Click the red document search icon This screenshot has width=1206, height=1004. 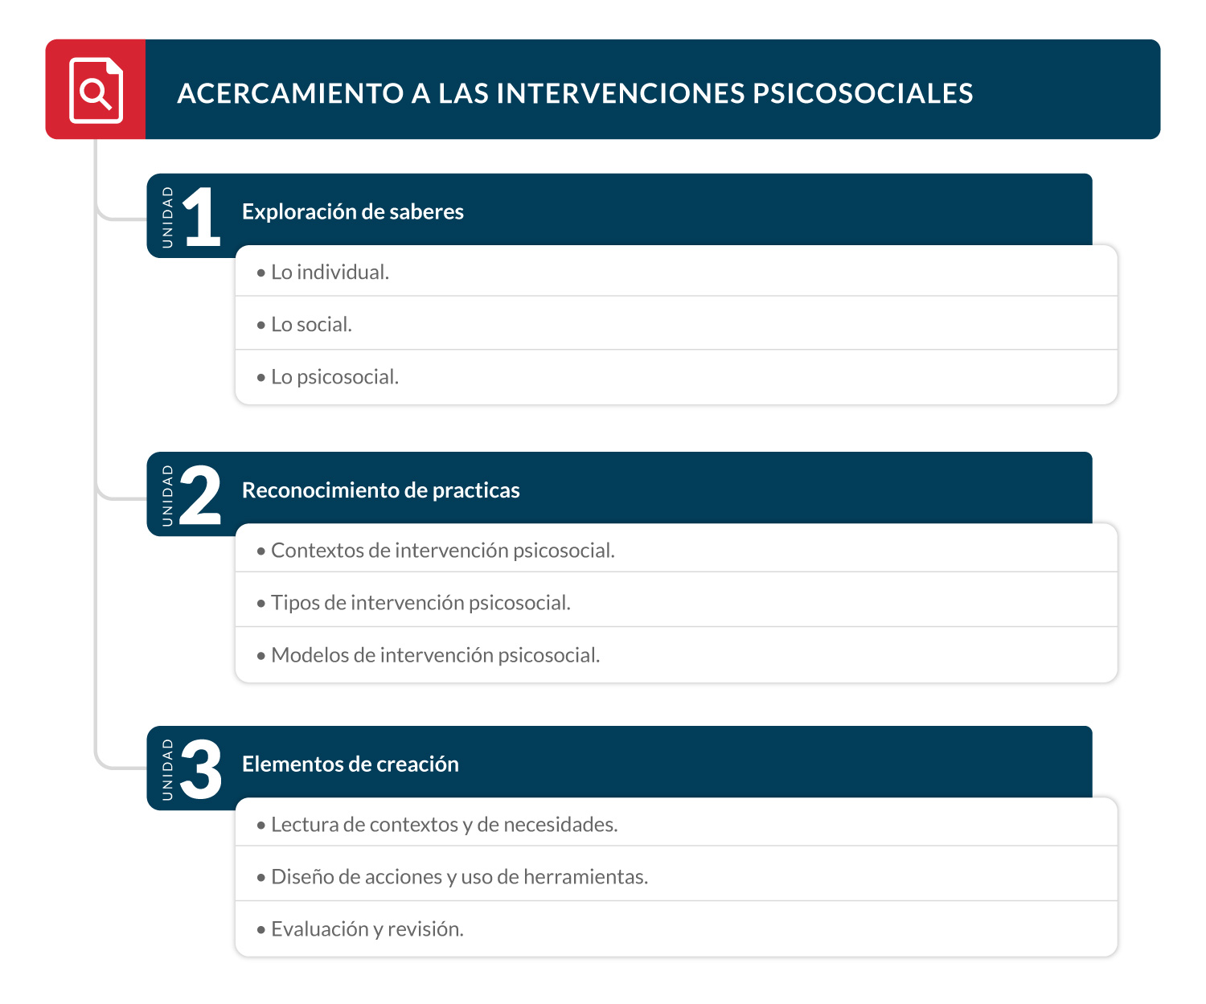point(96,90)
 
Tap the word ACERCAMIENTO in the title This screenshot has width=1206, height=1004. point(290,93)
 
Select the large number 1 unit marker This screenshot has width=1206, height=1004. point(201,216)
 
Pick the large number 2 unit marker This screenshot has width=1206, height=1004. point(200,495)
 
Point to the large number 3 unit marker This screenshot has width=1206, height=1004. point(200,769)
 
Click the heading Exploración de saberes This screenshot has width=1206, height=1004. point(352,211)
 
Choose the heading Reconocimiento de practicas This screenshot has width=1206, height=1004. point(380,490)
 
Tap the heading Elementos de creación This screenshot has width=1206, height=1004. point(350,764)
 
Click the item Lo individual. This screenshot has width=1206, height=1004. point(330,273)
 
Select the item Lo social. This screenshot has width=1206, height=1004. point(311,325)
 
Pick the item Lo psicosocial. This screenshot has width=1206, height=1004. point(334,377)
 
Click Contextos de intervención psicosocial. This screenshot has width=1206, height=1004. point(442,551)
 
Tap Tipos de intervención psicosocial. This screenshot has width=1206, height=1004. point(420,603)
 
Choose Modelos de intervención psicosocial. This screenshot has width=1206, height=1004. point(435,655)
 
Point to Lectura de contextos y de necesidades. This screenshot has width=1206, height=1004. point(444,825)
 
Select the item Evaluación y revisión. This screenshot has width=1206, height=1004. point(367,929)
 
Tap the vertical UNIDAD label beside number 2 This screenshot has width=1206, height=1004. point(167,495)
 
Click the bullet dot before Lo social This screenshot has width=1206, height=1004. point(260,326)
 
